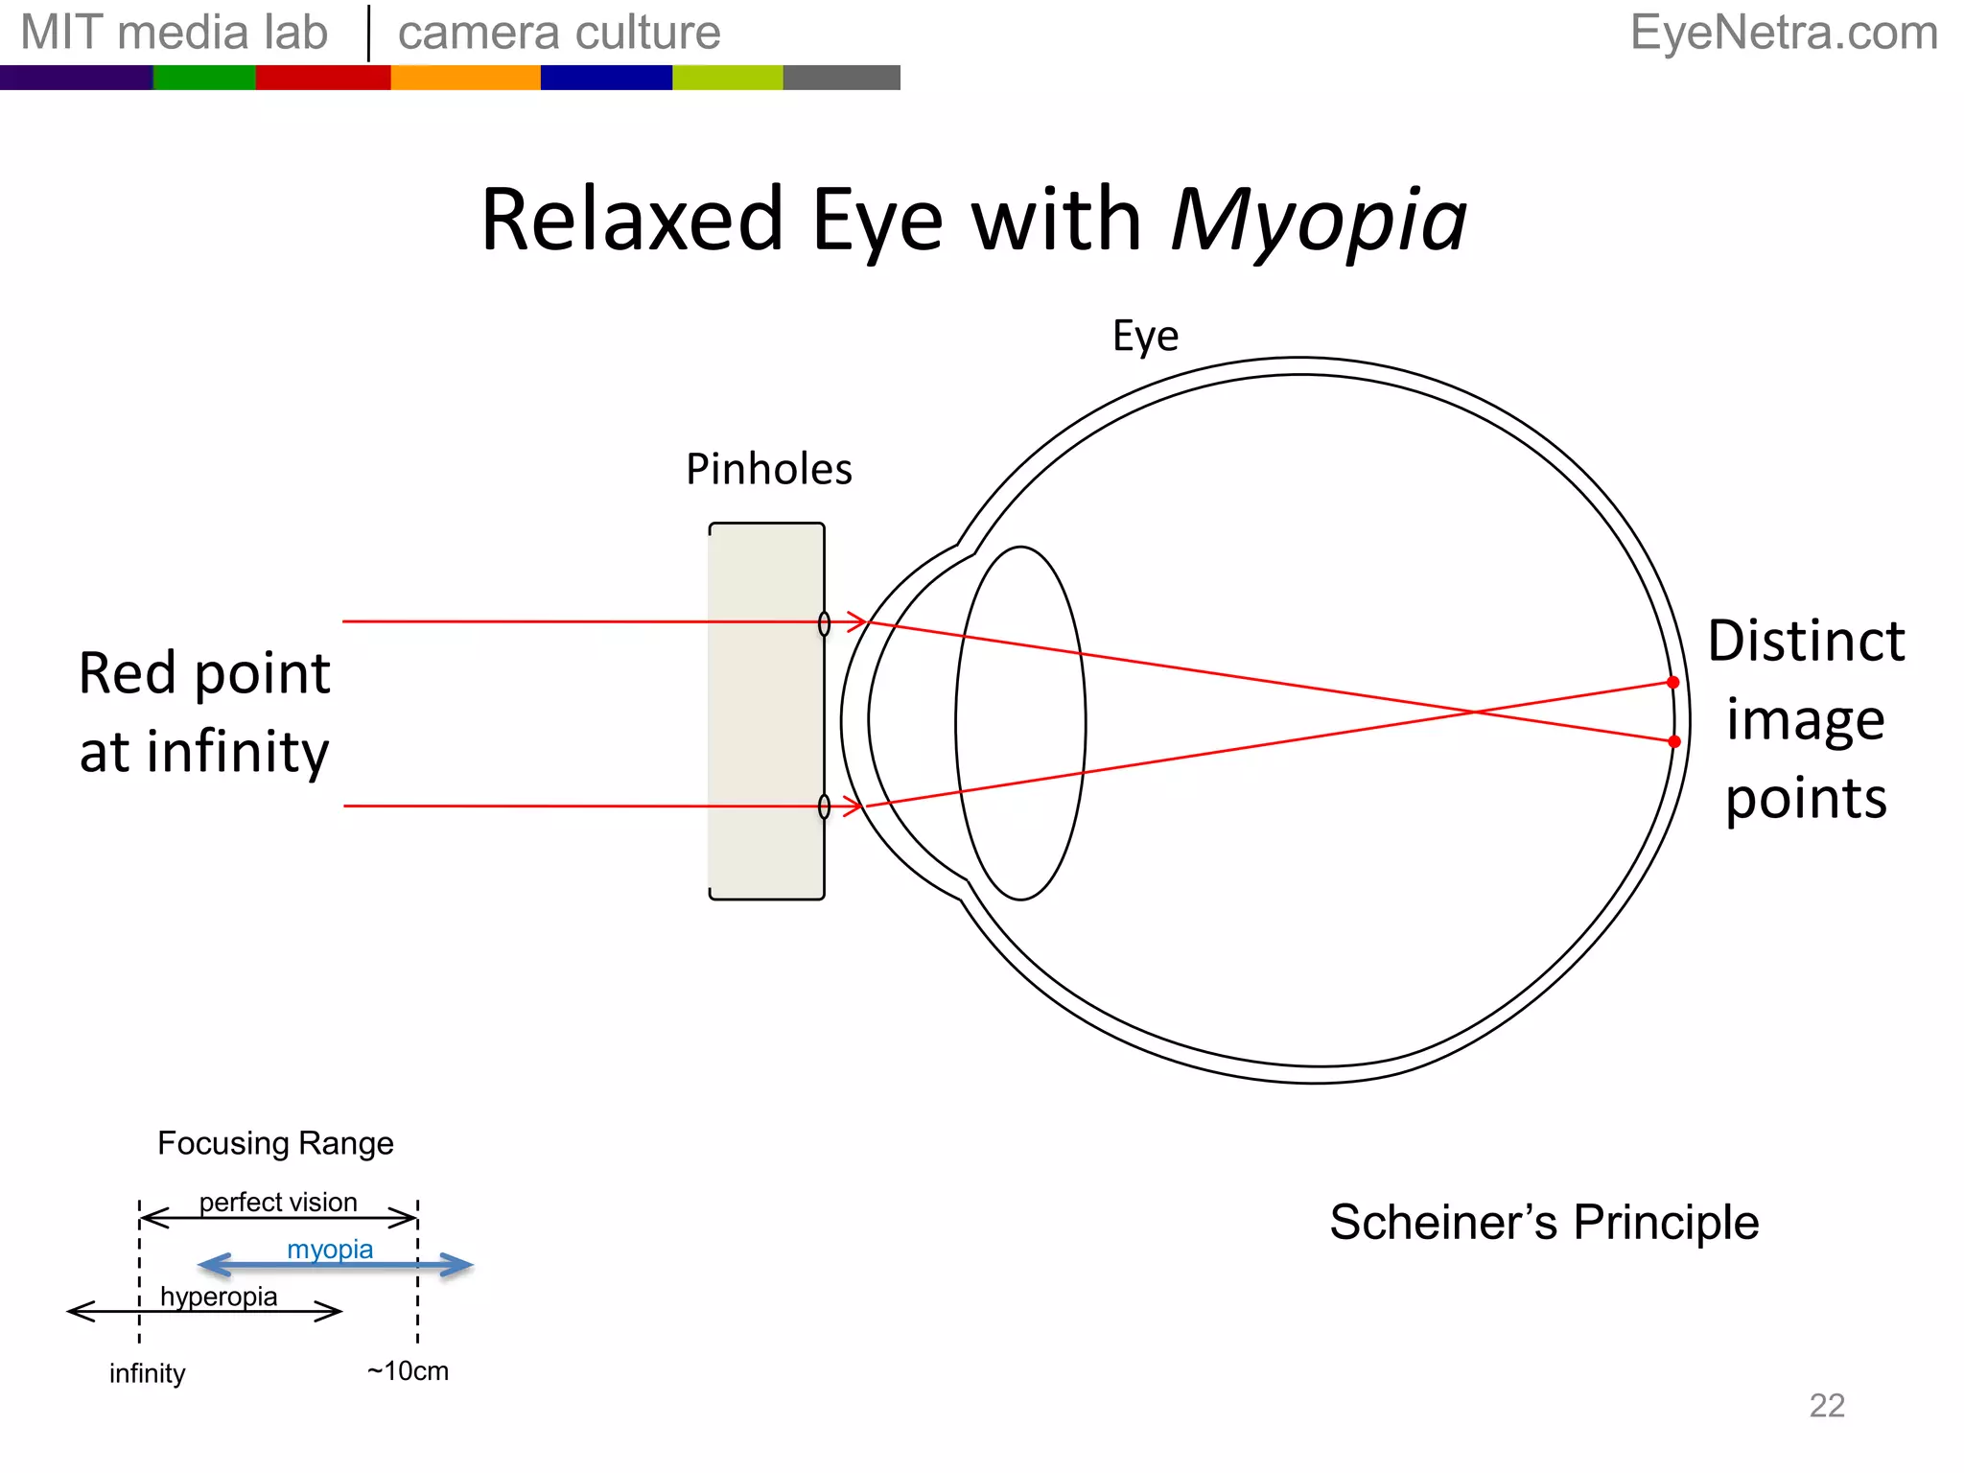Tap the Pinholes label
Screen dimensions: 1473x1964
click(x=768, y=470)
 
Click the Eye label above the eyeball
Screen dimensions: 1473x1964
click(x=1145, y=337)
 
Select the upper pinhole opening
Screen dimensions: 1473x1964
click(x=824, y=623)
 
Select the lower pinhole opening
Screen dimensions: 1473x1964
click(x=824, y=807)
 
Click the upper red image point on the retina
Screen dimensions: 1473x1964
click(x=1672, y=683)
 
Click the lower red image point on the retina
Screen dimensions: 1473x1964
click(x=1674, y=741)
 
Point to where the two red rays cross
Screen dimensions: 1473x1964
click(x=1474, y=712)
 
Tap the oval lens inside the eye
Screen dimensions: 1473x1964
click(x=1020, y=723)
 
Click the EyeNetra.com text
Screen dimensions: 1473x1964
click(x=1784, y=33)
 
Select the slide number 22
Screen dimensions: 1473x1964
click(x=1826, y=1406)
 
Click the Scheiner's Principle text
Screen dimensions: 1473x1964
click(x=1544, y=1223)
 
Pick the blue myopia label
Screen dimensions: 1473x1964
click(x=330, y=1249)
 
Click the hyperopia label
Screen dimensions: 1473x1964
click(x=219, y=1297)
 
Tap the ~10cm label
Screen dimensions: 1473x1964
click(x=408, y=1371)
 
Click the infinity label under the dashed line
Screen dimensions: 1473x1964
click(x=147, y=1374)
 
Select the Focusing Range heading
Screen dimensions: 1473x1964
click(x=275, y=1143)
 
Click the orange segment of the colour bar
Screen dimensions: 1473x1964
click(x=465, y=78)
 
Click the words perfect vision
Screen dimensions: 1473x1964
click(x=278, y=1202)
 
